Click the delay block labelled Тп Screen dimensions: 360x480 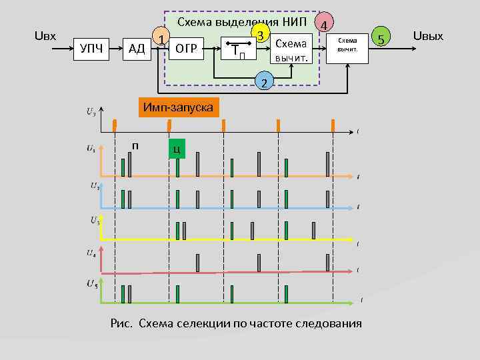pyautogui.click(x=240, y=49)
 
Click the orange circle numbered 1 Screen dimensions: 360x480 pyautogui.click(x=160, y=39)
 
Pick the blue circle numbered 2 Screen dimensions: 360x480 pyautogui.click(x=264, y=83)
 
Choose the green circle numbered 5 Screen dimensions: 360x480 pyautogui.click(x=381, y=39)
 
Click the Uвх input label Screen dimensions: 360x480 pyautogui.click(x=46, y=35)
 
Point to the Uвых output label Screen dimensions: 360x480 pyautogui.click(x=428, y=35)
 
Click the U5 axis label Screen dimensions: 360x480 pyautogui.click(x=91, y=285)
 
